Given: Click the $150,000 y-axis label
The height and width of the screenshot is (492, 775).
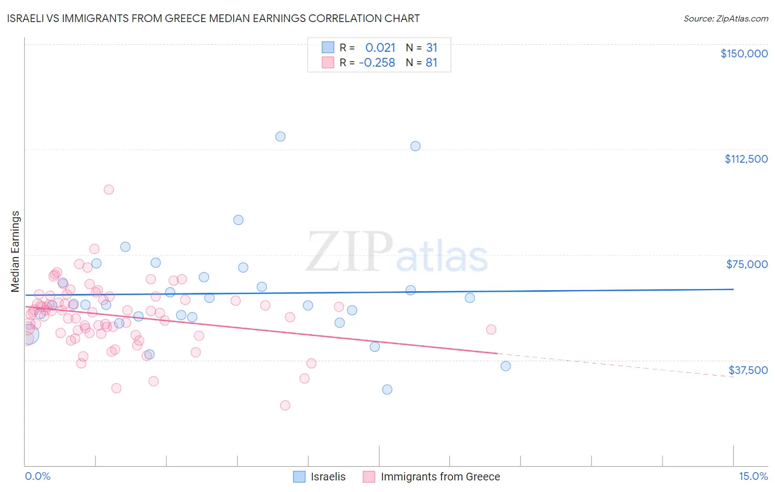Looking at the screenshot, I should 744,54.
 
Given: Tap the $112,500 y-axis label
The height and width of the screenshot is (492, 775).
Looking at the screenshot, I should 746,159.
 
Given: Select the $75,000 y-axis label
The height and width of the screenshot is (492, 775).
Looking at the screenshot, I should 746,264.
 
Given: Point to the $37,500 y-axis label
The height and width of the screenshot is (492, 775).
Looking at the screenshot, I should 747,370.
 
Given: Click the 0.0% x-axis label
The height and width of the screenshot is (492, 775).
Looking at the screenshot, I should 37,476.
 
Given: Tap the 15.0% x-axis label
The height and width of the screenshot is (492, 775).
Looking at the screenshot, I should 753,476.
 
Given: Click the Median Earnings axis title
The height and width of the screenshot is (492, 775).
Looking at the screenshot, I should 15,252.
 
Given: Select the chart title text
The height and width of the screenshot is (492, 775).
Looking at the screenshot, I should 213,18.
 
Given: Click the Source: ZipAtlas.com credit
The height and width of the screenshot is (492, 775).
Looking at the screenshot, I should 725,18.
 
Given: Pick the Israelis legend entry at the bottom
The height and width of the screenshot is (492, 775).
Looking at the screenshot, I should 328,477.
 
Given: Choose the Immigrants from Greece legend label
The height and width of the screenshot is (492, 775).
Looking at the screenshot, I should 440,477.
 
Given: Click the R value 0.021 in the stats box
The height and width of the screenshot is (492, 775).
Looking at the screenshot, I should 380,47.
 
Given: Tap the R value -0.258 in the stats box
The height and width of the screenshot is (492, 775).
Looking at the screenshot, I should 377,63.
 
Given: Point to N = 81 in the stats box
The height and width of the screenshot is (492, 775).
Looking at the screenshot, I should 422,63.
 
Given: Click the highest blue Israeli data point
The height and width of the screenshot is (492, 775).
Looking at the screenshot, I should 281,136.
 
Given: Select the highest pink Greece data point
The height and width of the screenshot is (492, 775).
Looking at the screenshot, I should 109,190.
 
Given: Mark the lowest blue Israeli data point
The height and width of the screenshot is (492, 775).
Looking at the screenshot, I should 387,389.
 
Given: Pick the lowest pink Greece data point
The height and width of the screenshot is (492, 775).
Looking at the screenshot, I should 285,405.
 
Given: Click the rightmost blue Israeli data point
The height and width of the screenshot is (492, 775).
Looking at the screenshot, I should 505,366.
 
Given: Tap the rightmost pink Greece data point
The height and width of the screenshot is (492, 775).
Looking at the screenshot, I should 491,329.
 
